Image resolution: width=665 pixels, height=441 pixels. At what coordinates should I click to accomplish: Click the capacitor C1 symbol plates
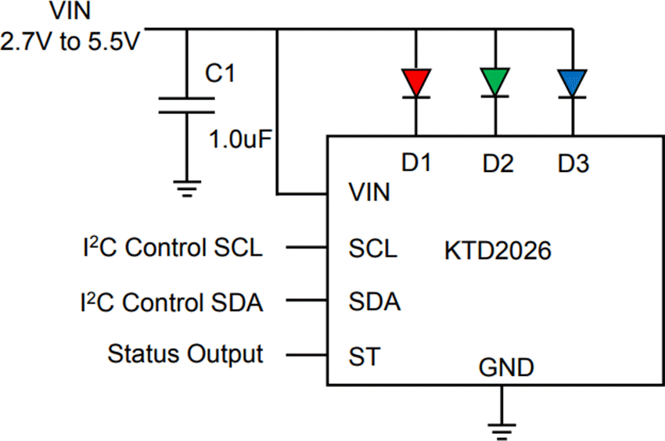(x=186, y=106)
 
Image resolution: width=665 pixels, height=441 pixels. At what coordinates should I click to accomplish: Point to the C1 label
(x=221, y=73)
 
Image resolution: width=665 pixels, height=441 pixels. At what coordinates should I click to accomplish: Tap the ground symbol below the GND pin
(x=498, y=425)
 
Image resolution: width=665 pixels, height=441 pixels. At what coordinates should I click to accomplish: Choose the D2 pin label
(x=498, y=163)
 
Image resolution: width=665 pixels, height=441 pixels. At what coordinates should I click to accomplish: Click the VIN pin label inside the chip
(x=369, y=192)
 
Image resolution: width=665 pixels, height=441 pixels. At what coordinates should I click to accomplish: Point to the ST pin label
(x=364, y=357)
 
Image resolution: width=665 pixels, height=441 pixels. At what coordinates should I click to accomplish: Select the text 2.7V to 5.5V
(x=70, y=41)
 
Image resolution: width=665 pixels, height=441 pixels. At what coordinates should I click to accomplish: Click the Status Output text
(x=185, y=353)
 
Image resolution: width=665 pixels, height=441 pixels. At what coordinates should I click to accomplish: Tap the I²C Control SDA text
(x=171, y=301)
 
